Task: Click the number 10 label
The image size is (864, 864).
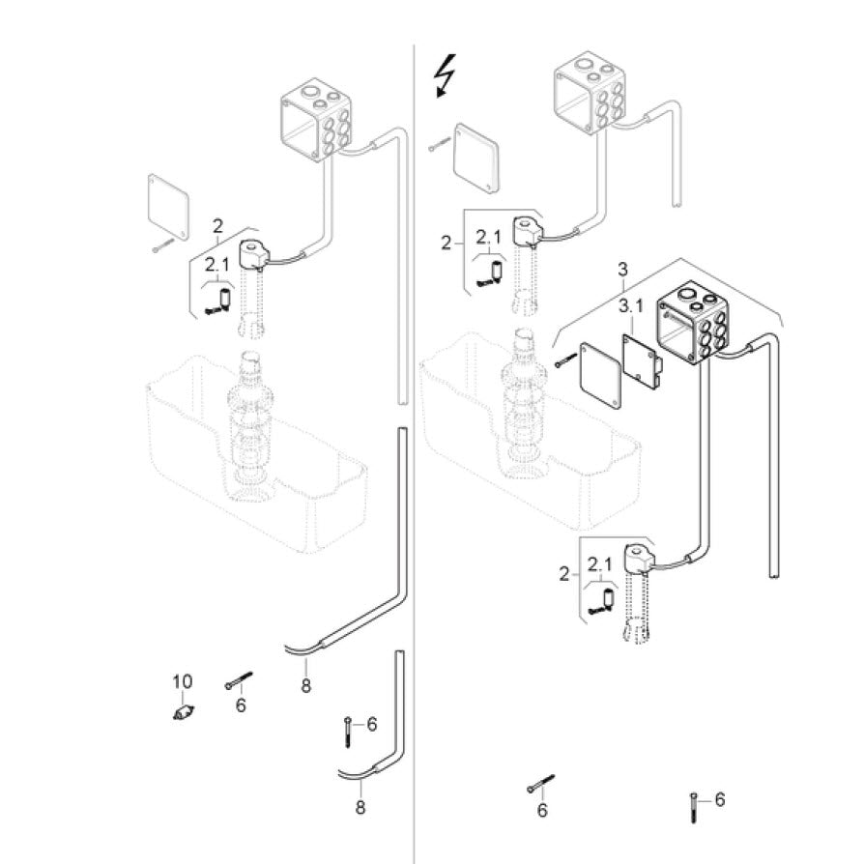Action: [183, 682]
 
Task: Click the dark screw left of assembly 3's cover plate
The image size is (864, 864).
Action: [564, 362]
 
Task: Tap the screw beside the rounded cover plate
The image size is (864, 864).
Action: [439, 145]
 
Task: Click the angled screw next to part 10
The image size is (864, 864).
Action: [238, 680]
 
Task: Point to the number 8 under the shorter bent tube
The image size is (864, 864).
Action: [360, 806]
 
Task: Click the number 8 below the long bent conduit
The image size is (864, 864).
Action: [305, 686]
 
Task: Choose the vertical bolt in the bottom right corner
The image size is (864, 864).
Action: [694, 805]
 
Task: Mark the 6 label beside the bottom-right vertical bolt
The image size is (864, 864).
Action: [719, 799]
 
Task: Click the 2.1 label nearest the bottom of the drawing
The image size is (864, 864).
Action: [599, 564]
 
